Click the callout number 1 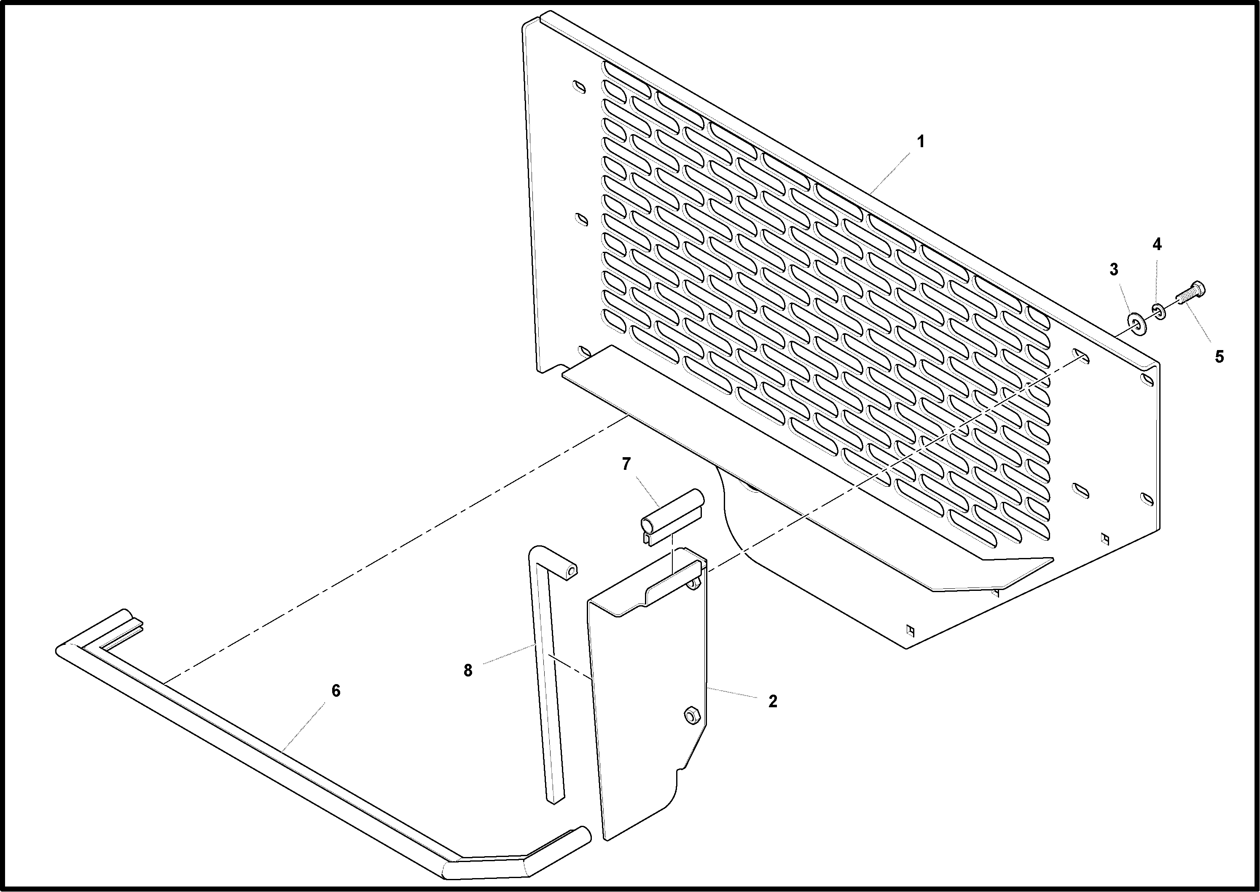[x=921, y=142]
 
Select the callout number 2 [x=772, y=701]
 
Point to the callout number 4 [x=1157, y=245]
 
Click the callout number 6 [x=336, y=691]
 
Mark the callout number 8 [x=468, y=671]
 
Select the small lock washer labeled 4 [x=1158, y=311]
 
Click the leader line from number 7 [x=648, y=492]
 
